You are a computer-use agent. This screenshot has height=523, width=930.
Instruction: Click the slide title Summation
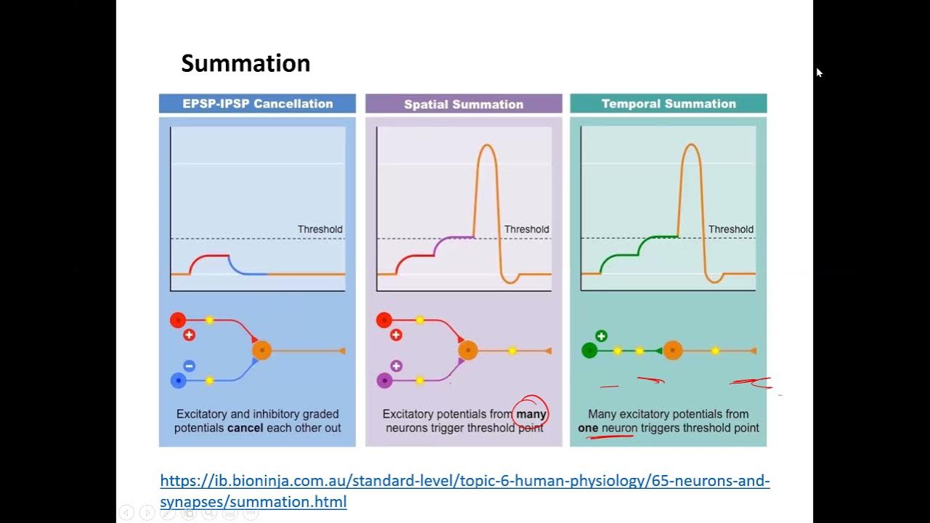[x=246, y=63]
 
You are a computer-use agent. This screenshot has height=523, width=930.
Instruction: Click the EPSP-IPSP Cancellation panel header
[x=257, y=104]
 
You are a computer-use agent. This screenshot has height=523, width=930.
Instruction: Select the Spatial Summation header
[x=464, y=104]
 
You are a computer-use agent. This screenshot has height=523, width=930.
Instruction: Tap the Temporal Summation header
[x=668, y=104]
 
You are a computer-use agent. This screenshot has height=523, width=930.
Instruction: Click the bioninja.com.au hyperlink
[x=464, y=490]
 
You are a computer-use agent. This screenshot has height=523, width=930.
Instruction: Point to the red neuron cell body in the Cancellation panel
[x=178, y=320]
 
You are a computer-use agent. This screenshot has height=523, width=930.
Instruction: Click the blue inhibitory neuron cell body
[x=178, y=380]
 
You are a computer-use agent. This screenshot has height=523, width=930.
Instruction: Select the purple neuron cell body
[x=384, y=380]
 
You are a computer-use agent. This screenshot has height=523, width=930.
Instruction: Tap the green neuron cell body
[x=589, y=351]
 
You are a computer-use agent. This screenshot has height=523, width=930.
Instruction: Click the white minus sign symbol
[x=189, y=366]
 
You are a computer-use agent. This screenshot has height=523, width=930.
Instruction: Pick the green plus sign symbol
[x=601, y=336]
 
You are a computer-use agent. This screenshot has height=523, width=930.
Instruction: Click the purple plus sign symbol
[x=396, y=366]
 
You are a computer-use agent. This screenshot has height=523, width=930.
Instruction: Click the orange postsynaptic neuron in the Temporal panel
[x=673, y=351]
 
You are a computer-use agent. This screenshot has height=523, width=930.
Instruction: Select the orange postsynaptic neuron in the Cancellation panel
[x=262, y=350]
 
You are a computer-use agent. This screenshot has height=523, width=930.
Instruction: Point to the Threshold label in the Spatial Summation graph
[x=526, y=230]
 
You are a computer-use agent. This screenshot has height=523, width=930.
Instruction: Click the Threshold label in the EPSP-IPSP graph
[x=320, y=230]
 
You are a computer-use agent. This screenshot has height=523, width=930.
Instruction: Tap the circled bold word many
[x=531, y=414]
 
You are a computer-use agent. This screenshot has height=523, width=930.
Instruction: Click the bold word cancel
[x=245, y=428]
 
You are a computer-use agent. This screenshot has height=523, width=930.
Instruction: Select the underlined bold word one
[x=588, y=428]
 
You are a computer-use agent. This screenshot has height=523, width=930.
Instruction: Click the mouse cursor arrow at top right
[x=819, y=72]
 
